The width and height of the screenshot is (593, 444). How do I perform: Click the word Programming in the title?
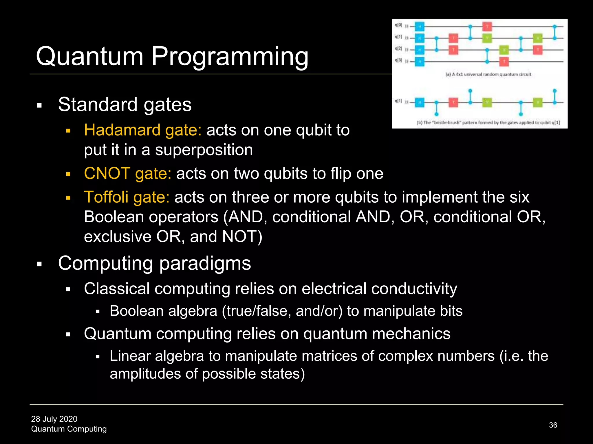tap(230, 57)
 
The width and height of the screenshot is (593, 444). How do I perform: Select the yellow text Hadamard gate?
tap(142, 130)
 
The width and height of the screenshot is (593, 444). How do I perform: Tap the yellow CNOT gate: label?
tap(127, 173)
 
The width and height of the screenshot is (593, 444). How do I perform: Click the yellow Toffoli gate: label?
tap(127, 197)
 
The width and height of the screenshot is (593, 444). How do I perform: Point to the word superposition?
tap(204, 150)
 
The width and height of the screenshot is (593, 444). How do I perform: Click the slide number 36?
tap(553, 425)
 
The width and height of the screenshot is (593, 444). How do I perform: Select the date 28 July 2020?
tap(54, 419)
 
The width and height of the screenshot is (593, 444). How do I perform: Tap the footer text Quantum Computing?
tap(69, 429)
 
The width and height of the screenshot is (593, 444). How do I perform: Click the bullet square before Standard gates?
tap(39, 105)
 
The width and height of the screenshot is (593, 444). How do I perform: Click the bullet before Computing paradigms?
tap(39, 264)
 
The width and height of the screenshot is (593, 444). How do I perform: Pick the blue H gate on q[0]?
tap(419, 27)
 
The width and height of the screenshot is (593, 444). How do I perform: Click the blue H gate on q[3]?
tap(419, 62)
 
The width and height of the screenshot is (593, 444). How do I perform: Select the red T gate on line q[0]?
tap(487, 27)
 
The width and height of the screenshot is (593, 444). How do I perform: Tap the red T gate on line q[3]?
tap(504, 62)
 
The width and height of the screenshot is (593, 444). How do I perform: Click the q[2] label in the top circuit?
tap(399, 49)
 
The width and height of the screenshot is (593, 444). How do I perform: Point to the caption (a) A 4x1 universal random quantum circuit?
tap(488, 75)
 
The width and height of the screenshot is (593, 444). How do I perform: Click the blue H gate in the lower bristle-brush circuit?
tap(419, 102)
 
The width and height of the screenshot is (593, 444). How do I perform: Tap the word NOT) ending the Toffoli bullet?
tap(242, 237)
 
